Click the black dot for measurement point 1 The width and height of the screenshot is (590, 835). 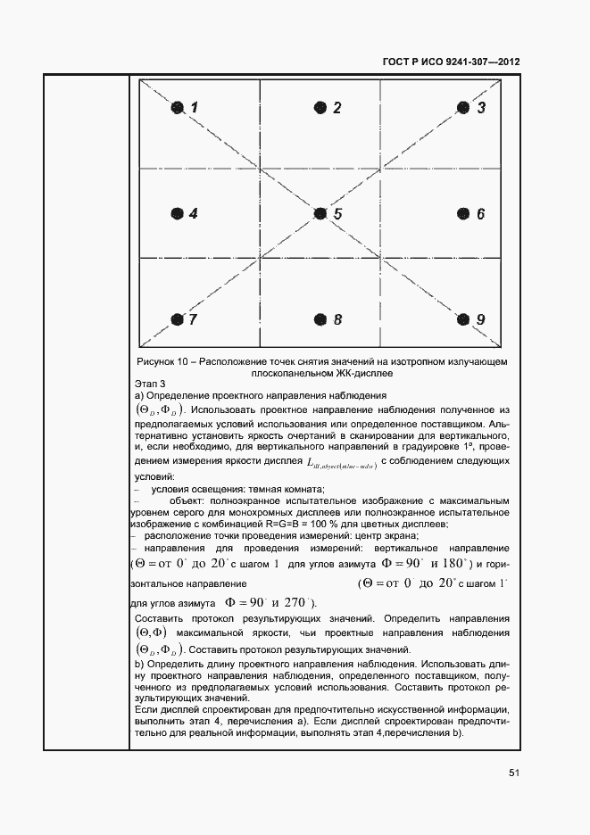pos(178,108)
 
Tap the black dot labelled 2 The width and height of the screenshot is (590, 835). pos(320,108)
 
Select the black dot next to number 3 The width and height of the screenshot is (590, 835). pos(463,108)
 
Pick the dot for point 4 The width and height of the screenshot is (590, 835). pos(178,214)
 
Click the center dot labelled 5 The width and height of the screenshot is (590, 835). pos(320,214)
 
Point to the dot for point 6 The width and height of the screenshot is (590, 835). pos(463,214)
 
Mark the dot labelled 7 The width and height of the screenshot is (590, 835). pos(178,319)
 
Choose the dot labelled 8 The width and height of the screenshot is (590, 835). pos(320,319)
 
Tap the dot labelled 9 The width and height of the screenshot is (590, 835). pos(463,319)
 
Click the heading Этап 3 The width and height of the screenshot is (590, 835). pos(149,384)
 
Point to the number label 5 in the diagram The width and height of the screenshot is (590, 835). pos(337,214)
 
